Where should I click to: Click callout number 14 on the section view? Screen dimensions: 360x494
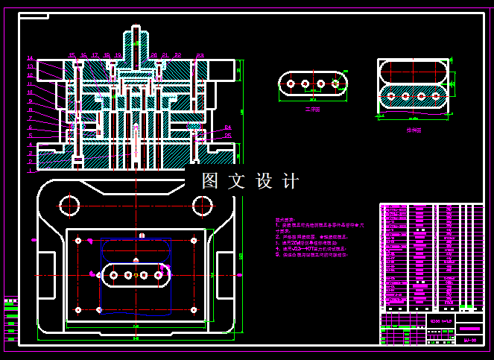pos(31,58)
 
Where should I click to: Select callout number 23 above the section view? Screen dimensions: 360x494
pos(200,55)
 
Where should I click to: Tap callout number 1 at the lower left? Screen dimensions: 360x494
pos(31,170)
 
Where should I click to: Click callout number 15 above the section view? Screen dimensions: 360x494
pos(72,55)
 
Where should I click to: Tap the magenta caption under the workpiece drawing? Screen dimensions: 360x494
pos(312,110)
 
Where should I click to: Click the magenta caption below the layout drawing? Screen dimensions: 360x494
pos(414,130)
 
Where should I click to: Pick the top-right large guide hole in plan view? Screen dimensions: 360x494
pos(202,204)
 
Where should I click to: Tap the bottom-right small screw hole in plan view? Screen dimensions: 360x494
pos(194,309)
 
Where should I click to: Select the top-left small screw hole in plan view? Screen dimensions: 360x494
pos(78,240)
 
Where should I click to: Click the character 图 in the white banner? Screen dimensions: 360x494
pos(210,181)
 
